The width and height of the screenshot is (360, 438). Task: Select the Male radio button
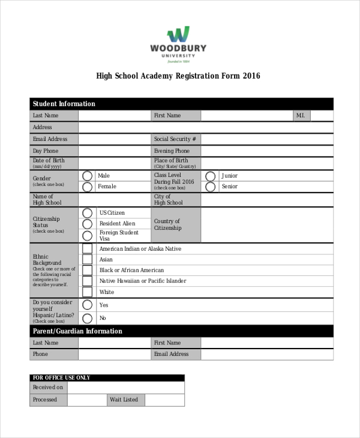pyautogui.click(x=88, y=176)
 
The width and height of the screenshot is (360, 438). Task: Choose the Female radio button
pyautogui.click(x=88, y=187)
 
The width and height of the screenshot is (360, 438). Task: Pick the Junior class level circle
pyautogui.click(x=211, y=176)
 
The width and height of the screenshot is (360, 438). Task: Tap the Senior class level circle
pyautogui.click(x=211, y=187)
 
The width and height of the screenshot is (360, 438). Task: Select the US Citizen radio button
pyautogui.click(x=88, y=213)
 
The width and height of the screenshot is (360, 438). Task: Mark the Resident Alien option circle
pyautogui.click(x=88, y=224)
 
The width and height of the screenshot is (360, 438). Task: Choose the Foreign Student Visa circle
pyautogui.click(x=88, y=235)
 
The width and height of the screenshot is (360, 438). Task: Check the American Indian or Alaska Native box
pyautogui.click(x=88, y=248)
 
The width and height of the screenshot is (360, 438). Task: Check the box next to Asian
pyautogui.click(x=88, y=260)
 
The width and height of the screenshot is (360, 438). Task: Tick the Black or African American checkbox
pyautogui.click(x=88, y=271)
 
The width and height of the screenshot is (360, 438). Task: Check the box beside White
pyautogui.click(x=88, y=292)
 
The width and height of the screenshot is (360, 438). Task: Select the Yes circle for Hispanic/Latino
pyautogui.click(x=88, y=305)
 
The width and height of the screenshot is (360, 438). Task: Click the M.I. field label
pyautogui.click(x=301, y=115)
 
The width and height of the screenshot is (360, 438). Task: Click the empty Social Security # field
pyautogui.click(x=267, y=139)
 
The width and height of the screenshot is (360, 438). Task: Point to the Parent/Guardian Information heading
pyautogui.click(x=77, y=331)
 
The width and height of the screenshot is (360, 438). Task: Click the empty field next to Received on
pyautogui.click(x=125, y=388)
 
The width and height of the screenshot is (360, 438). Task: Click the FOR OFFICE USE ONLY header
pyautogui.click(x=62, y=377)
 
